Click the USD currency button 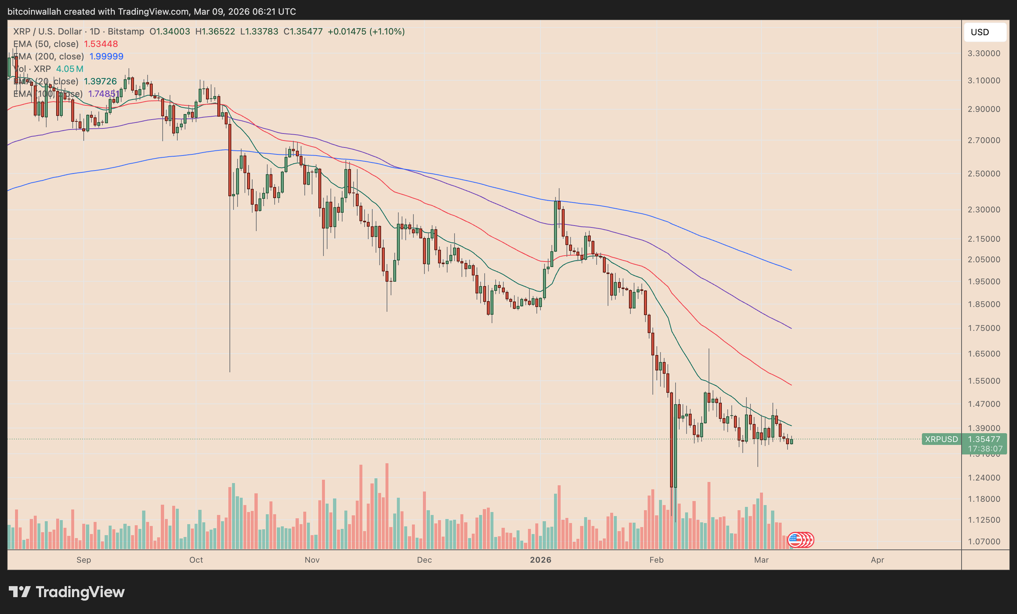[x=984, y=32]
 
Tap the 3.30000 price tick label [x=984, y=53]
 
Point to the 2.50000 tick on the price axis [x=984, y=173]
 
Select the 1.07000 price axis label [x=984, y=541]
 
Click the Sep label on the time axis [x=84, y=560]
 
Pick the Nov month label [x=312, y=560]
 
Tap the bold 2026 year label [x=540, y=560]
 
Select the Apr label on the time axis [x=877, y=560]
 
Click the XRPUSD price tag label [x=941, y=439]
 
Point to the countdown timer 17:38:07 [x=985, y=449]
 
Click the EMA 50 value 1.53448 [x=101, y=44]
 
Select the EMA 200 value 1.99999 [x=106, y=56]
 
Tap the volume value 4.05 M [x=70, y=69]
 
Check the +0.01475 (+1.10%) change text [x=366, y=31]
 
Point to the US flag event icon [x=795, y=540]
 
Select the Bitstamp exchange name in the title [x=126, y=31]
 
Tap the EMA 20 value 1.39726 [x=100, y=81]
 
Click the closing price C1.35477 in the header [x=303, y=31]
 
